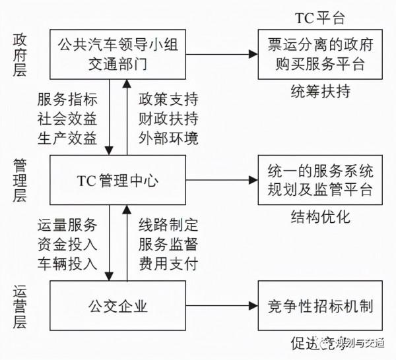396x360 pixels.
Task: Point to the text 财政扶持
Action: click(168, 119)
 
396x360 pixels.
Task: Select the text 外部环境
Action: click(168, 138)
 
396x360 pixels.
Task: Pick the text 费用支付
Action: click(168, 264)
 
